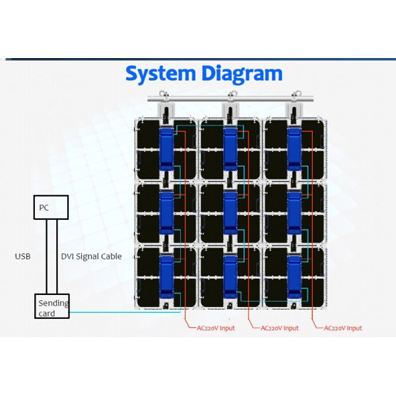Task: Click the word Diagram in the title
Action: pos(242,73)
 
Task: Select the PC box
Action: pos(51,208)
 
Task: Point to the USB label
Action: pos(23,256)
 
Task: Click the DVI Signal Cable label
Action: pos(91,256)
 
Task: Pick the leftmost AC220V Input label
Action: pos(215,328)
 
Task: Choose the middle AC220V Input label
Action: pos(279,328)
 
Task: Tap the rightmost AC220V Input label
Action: pos(343,328)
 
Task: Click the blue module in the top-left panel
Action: pos(166,148)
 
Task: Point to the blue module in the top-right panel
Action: pos(294,148)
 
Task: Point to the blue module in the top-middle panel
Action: pos(230,148)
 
